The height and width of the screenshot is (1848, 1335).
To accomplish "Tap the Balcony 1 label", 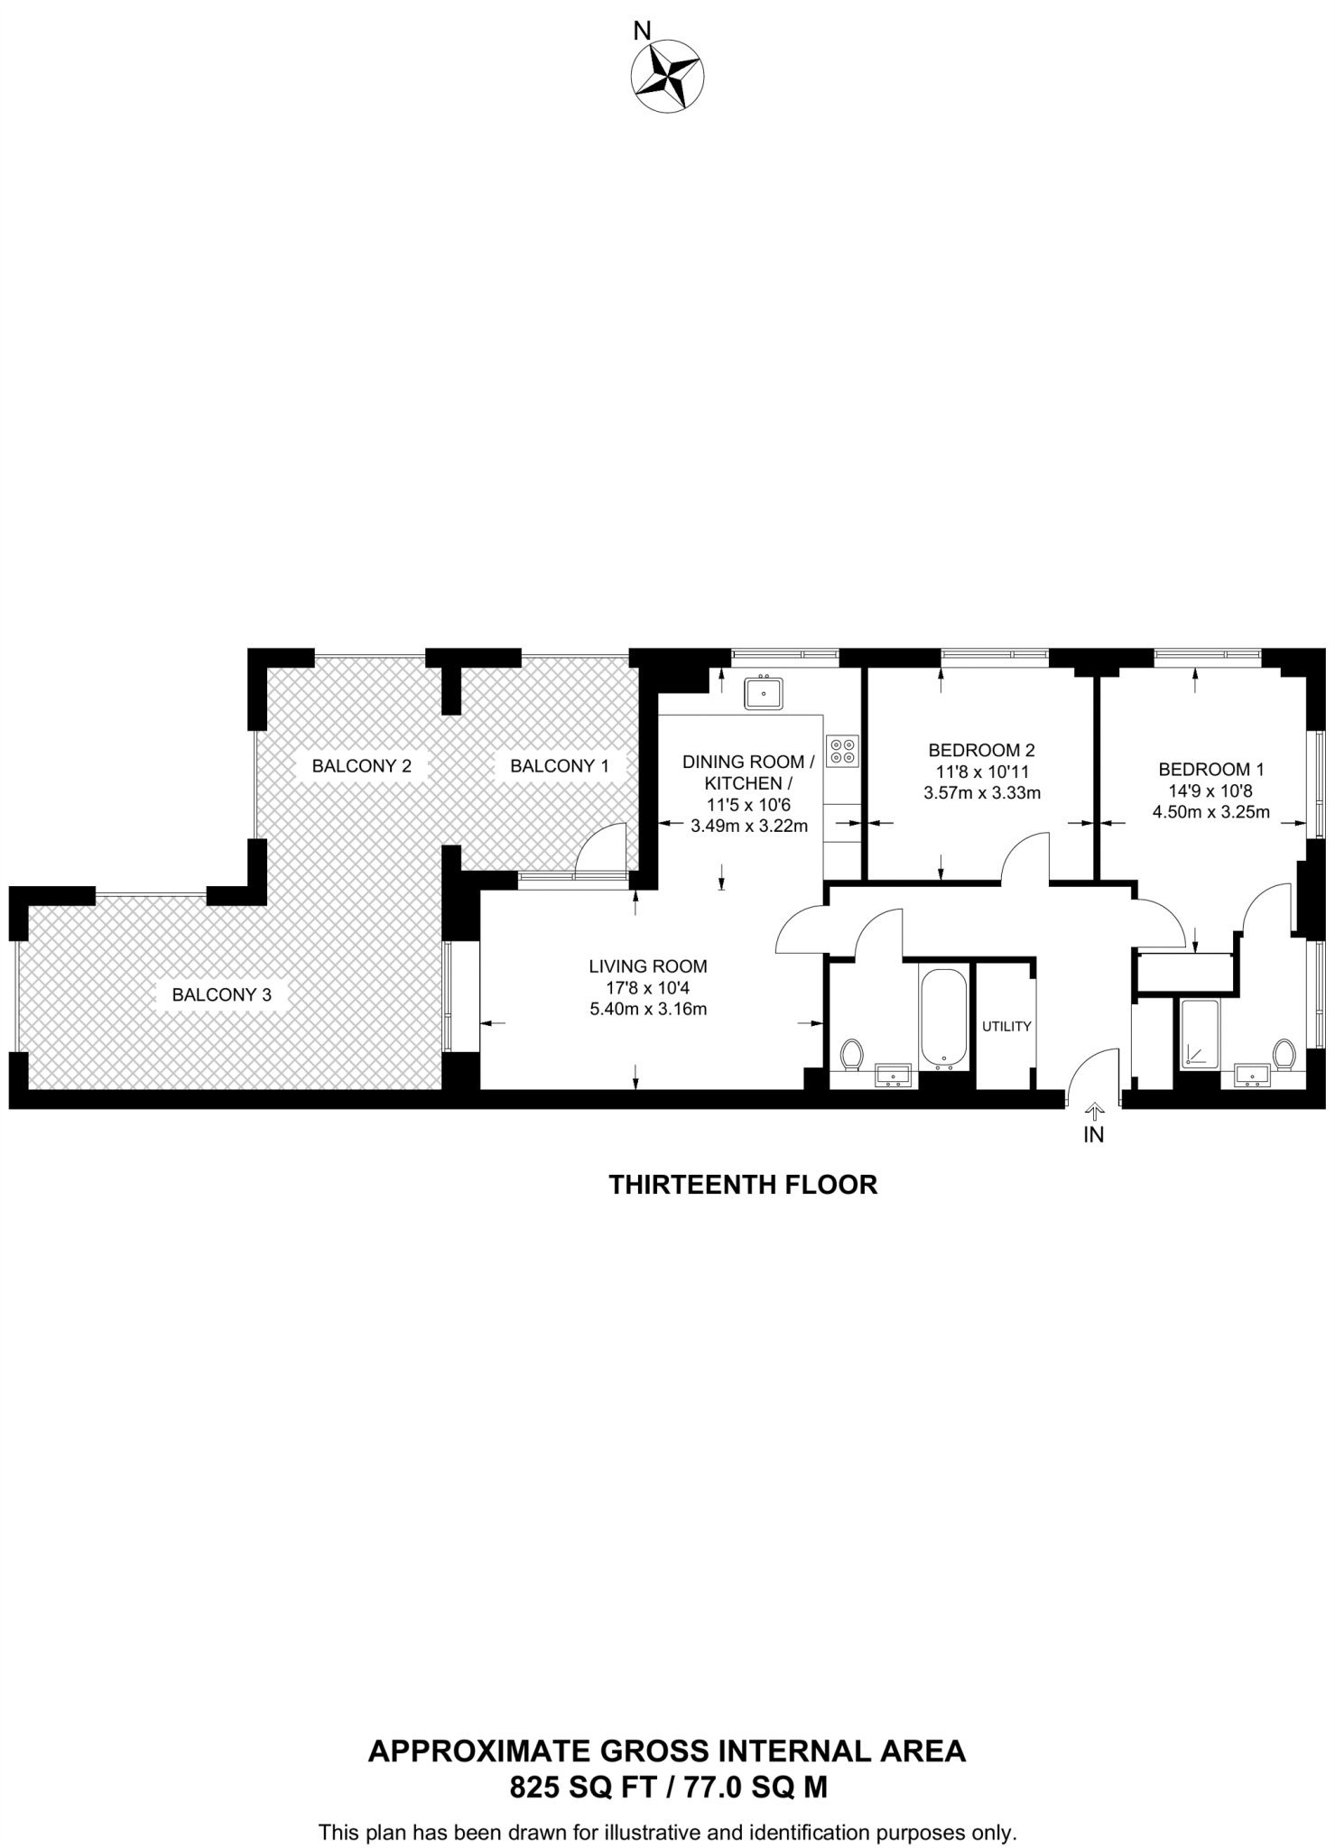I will click(560, 766).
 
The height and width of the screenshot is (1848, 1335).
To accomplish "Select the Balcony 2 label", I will click(361, 766).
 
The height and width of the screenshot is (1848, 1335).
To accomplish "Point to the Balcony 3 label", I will click(221, 995).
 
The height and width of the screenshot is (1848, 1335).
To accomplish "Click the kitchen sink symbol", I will click(764, 694).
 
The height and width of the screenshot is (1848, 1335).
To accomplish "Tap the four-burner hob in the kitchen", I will click(842, 752).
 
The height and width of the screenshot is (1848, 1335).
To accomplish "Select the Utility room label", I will click(1006, 1027).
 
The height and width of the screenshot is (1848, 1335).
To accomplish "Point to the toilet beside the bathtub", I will click(851, 1053).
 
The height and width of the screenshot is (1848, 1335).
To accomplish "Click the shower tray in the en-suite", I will click(1200, 1034).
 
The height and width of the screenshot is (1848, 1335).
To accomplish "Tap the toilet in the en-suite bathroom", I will click(1284, 1053).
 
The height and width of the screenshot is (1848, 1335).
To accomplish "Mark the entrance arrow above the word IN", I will click(1094, 1109).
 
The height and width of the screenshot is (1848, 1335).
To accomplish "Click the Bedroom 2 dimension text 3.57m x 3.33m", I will click(982, 794).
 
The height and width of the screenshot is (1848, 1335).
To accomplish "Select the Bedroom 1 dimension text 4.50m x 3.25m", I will click(1210, 811).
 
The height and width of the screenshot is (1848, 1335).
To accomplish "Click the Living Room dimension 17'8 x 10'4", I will click(648, 988).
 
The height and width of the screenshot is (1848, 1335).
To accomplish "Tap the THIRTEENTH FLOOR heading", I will click(743, 1185).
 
